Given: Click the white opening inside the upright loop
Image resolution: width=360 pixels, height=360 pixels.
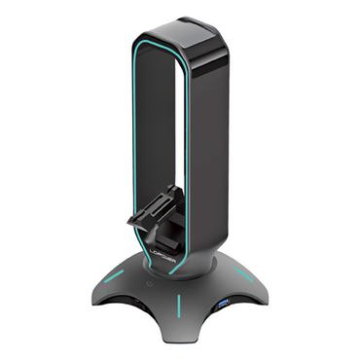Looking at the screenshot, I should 161,126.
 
